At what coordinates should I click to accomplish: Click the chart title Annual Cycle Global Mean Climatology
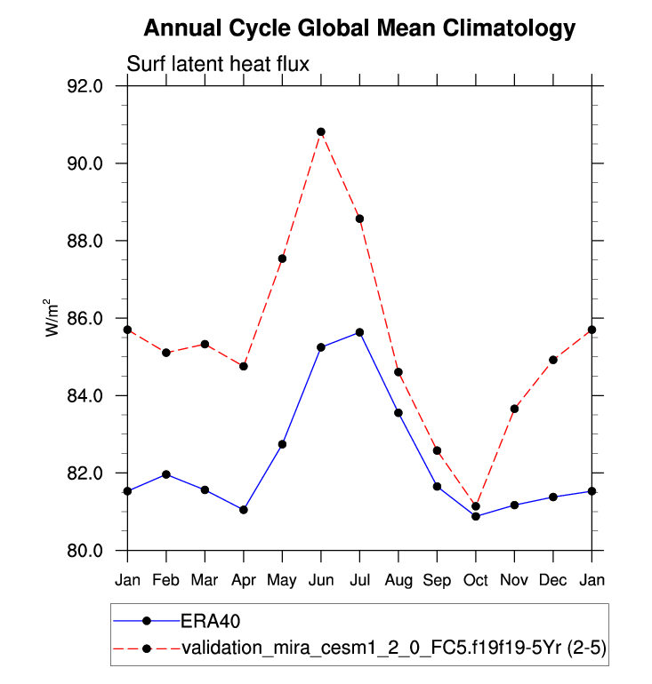(359, 28)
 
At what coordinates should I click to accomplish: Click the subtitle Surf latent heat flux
(217, 63)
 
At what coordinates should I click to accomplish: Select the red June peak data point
(321, 131)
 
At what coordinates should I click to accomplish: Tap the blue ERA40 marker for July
(359, 332)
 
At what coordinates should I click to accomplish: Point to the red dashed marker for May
(282, 258)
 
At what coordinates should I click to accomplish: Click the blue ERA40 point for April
(244, 510)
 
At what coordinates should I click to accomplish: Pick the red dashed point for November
(514, 409)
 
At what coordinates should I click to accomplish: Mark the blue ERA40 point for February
(166, 474)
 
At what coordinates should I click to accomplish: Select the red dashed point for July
(359, 219)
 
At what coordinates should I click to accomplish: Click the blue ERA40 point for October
(476, 516)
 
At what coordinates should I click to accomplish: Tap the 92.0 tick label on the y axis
(87, 86)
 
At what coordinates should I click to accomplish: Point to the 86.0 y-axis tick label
(87, 318)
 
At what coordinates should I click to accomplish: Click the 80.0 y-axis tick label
(87, 551)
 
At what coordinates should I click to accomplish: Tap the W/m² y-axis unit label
(53, 318)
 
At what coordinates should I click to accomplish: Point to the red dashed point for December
(553, 360)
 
